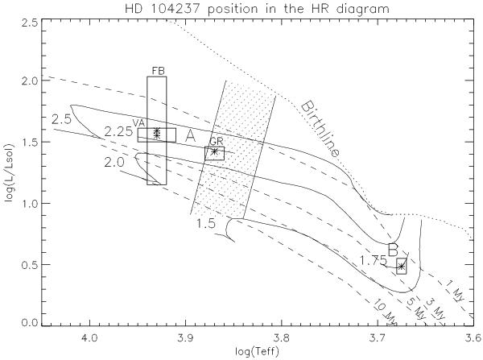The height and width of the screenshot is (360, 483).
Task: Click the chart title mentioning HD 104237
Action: tap(257, 8)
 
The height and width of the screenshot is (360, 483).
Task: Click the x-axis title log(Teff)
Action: tap(258, 351)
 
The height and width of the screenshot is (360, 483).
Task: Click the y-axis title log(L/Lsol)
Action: tap(10, 173)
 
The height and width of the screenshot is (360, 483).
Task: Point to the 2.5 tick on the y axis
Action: tap(30, 23)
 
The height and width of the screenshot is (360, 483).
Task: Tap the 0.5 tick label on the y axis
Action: tap(30, 265)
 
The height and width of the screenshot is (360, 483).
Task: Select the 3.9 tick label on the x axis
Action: tap(186, 338)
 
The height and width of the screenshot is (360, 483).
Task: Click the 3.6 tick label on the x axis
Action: tap(473, 338)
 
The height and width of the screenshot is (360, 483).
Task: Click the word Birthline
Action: tap(320, 129)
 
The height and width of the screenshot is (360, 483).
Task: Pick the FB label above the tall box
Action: tap(159, 71)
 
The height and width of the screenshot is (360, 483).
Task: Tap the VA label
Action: tap(139, 123)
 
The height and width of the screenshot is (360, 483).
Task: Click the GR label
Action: tap(216, 142)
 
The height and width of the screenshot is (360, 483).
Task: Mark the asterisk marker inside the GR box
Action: tap(215, 151)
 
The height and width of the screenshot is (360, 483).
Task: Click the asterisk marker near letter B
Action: tap(401, 267)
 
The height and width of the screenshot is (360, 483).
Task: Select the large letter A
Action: tap(190, 136)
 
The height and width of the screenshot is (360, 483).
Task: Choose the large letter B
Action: tap(393, 250)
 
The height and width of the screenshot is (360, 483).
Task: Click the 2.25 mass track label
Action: tap(118, 132)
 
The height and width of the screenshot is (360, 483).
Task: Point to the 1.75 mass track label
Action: tap(373, 261)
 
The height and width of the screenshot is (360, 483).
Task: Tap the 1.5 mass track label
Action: tap(206, 223)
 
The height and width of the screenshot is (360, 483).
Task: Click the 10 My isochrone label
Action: tap(386, 312)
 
